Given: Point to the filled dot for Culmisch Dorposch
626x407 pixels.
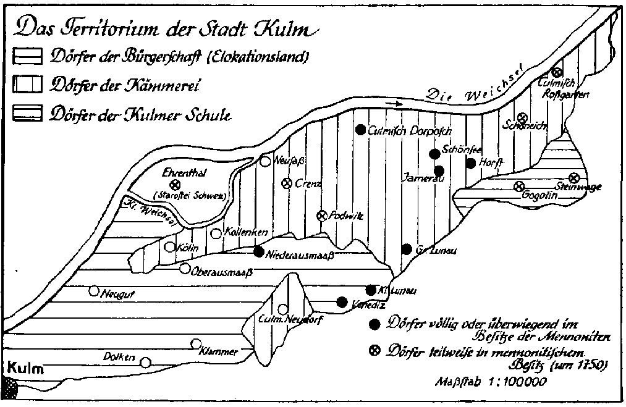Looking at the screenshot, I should coord(360,130).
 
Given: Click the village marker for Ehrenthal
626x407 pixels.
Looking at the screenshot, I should coord(175,184).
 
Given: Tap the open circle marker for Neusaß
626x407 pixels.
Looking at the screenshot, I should coord(264,162).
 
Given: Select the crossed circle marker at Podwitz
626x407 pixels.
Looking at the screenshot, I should coord(321,216).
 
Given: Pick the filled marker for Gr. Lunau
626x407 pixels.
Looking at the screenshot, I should coord(406,249).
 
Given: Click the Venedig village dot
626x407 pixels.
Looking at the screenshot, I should coord(342,302).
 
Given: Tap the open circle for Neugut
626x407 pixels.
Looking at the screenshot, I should coord(94,291).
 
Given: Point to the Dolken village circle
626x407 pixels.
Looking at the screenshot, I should coord(145,363).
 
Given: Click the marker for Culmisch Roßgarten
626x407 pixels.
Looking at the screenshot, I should coord(557,73).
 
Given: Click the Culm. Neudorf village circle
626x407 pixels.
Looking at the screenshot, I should coord(283,309).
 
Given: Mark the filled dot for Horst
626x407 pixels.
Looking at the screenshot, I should coord(471,164).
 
